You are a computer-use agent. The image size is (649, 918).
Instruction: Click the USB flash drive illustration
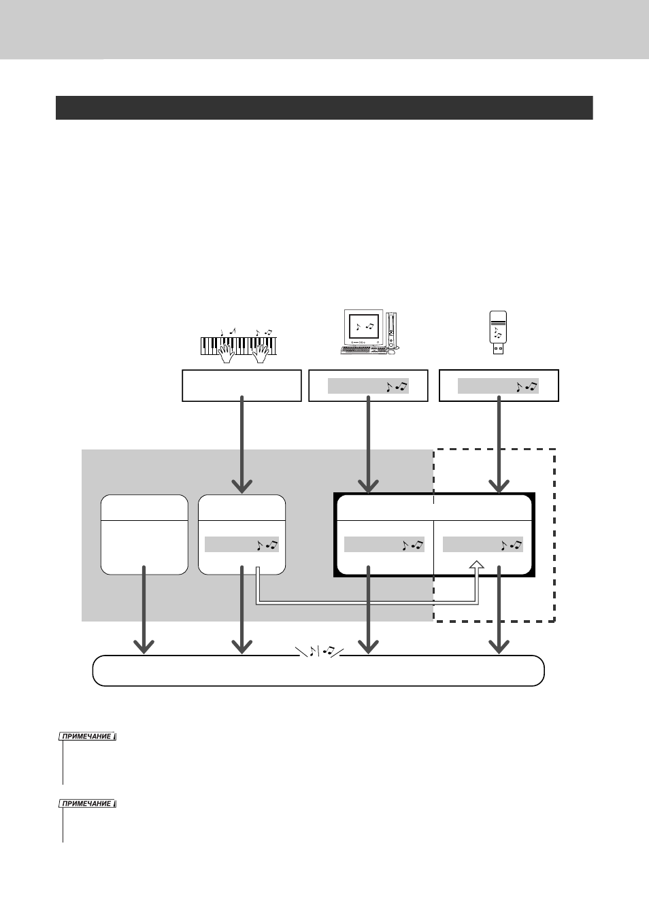(x=498, y=332)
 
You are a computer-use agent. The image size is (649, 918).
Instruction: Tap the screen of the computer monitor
(x=364, y=326)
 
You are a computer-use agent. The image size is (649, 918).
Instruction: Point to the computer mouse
(x=392, y=352)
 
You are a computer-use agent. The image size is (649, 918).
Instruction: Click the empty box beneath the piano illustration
(x=242, y=386)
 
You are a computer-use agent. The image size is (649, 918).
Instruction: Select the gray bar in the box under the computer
(x=368, y=386)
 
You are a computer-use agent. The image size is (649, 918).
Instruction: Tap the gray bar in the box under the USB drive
(x=498, y=386)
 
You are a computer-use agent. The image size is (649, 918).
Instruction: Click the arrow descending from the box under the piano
(x=242, y=445)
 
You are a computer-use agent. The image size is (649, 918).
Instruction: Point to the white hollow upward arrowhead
(x=476, y=565)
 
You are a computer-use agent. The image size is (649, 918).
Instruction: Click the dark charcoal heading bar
(x=324, y=108)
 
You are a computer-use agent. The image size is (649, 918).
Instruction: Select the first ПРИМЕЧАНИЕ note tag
(x=87, y=736)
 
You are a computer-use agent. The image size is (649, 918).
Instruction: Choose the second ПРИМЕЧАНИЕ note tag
(x=87, y=804)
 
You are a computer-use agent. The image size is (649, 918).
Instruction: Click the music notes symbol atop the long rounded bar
(x=320, y=651)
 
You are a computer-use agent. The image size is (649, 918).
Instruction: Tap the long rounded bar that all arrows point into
(x=318, y=670)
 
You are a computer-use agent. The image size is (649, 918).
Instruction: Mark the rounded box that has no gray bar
(x=144, y=534)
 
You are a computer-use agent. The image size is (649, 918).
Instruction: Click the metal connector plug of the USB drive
(x=498, y=349)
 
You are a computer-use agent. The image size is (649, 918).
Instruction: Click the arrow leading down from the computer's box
(x=368, y=445)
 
